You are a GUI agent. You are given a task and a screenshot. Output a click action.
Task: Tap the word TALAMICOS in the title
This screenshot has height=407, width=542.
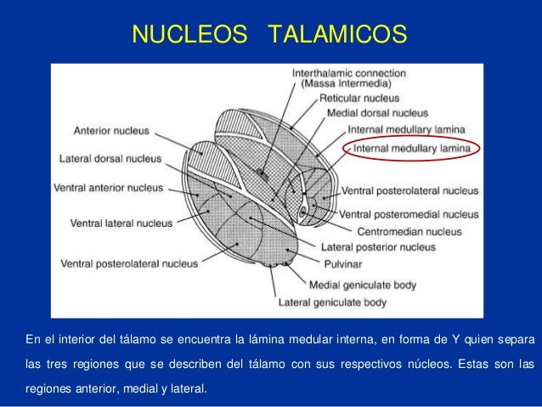(337, 35)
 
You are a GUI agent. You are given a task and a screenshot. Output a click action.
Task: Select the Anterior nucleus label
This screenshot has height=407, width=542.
(111, 131)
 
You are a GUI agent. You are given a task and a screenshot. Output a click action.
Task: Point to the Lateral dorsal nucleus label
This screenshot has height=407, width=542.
(110, 158)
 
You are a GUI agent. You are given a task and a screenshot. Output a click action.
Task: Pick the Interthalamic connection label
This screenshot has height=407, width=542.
(348, 73)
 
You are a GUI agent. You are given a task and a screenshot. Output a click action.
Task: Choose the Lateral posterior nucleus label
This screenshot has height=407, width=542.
(377, 247)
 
